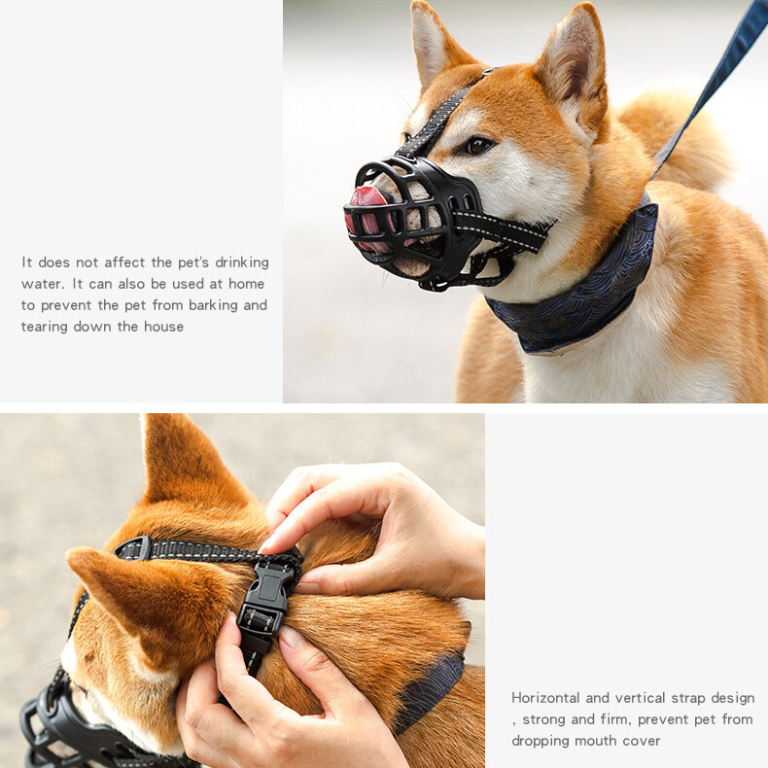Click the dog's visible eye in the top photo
pyautogui.click(x=477, y=145)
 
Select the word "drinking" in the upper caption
pyautogui.click(x=242, y=263)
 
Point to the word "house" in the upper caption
pyautogui.click(x=163, y=327)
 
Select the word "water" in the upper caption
pyautogui.click(x=42, y=285)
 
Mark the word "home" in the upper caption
pyautogui.click(x=246, y=284)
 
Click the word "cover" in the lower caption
pyautogui.click(x=642, y=741)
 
